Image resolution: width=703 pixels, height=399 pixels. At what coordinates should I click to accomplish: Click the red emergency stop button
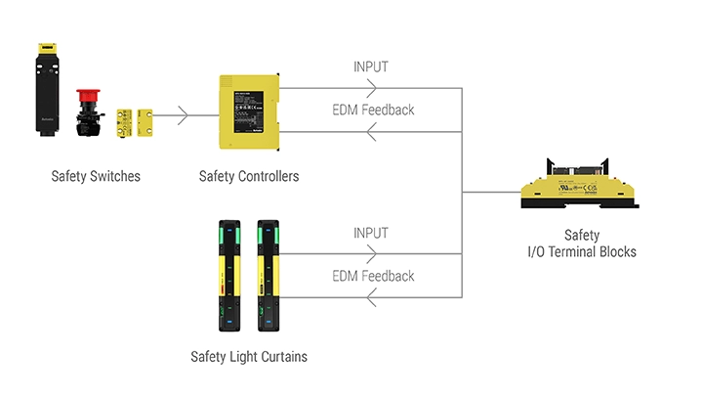click(x=86, y=99)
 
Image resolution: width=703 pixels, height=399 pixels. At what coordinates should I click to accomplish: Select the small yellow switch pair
click(x=134, y=121)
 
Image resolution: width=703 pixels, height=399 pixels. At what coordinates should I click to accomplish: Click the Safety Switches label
click(x=96, y=177)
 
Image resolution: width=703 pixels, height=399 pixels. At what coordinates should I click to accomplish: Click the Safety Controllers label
click(x=248, y=177)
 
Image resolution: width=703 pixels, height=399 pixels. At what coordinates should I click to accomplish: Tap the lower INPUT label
click(x=370, y=234)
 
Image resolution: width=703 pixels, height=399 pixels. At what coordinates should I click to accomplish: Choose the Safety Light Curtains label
click(x=248, y=357)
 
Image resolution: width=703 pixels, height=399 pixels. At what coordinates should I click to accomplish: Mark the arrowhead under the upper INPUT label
click(x=370, y=89)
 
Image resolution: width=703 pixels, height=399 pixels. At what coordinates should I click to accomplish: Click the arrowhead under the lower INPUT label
click(x=370, y=254)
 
